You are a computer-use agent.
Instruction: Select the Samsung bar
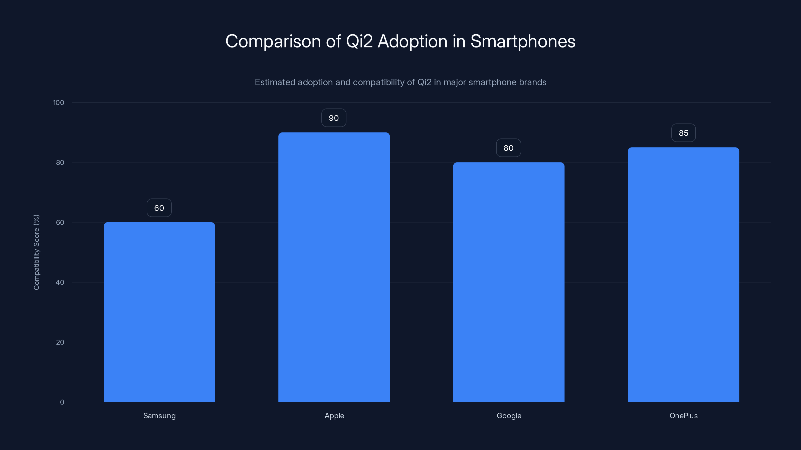[159, 312]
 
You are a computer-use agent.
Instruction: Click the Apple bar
[334, 267]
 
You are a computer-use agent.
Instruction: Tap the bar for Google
[509, 282]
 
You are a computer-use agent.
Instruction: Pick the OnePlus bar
[683, 274]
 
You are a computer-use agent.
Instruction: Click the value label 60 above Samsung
[159, 208]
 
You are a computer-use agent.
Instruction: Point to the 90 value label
[334, 118]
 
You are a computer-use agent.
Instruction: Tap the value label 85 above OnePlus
[683, 133]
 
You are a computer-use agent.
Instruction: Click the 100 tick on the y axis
[59, 103]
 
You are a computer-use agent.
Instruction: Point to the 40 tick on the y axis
[60, 282]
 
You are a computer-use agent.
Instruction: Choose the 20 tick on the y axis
[60, 342]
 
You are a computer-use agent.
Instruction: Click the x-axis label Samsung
[159, 415]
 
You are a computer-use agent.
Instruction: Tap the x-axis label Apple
[334, 415]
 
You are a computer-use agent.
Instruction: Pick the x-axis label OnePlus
[683, 415]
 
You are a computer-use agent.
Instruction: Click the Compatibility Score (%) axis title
[36, 252]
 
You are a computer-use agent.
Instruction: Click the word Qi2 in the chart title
[359, 41]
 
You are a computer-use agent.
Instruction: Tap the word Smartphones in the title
[523, 41]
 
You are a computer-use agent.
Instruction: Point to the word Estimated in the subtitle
[275, 82]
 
